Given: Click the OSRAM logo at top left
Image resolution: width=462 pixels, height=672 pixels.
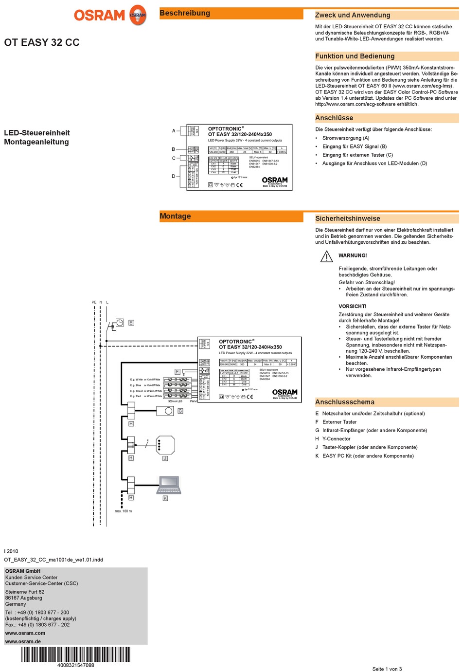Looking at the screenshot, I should pyautogui.click(x=110, y=15).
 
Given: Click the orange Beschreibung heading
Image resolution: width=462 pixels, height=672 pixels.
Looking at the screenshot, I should pyautogui.click(x=185, y=13).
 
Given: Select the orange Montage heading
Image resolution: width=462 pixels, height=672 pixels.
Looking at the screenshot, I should pyautogui.click(x=176, y=216).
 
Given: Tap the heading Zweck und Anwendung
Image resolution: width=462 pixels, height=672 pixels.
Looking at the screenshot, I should pyautogui.click(x=353, y=15).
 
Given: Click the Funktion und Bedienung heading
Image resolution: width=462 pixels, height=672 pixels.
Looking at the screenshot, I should pyautogui.click(x=355, y=56).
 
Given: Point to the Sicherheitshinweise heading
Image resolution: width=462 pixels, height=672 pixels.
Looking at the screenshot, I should pyautogui.click(x=348, y=218).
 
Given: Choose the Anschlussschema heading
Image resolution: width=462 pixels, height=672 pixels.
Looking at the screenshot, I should pyautogui.click(x=345, y=402).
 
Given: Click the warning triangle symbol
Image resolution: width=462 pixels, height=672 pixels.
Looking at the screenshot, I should pyautogui.click(x=326, y=256).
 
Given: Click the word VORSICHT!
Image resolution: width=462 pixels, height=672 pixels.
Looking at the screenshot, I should pyautogui.click(x=353, y=306).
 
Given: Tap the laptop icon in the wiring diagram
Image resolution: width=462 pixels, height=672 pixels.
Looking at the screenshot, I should pyautogui.click(x=169, y=484).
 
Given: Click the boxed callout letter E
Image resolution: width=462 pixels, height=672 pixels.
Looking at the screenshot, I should pyautogui.click(x=131, y=323).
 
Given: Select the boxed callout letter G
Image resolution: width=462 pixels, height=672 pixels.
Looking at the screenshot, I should pyautogui.click(x=180, y=411).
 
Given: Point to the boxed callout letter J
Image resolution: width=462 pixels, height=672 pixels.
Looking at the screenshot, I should pyautogui.click(x=165, y=458).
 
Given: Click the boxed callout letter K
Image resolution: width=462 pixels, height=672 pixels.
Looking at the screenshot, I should pyautogui.click(x=165, y=498).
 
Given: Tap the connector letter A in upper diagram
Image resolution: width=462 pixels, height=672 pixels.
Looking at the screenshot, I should pyautogui.click(x=174, y=131).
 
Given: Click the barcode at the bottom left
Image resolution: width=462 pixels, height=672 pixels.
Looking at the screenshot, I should pyautogui.click(x=76, y=654).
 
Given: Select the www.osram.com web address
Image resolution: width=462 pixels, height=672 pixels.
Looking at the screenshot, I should pyautogui.click(x=25, y=633).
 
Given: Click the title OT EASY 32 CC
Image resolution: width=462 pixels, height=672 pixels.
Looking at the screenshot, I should pyautogui.click(x=42, y=43).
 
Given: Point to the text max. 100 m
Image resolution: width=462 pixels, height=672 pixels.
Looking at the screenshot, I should pyautogui.click(x=124, y=511).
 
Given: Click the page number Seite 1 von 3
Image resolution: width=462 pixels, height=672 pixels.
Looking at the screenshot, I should pyautogui.click(x=387, y=669).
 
